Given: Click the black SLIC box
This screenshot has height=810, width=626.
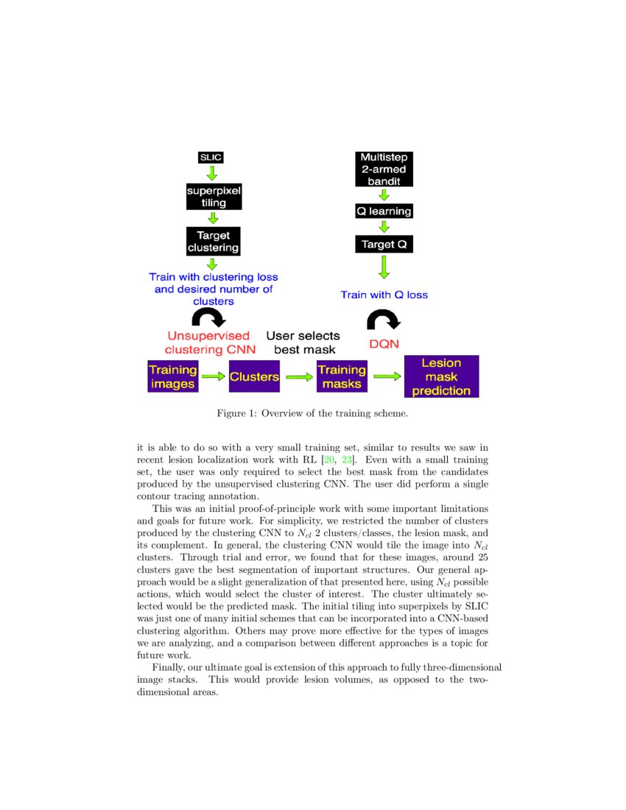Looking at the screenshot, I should click(x=211, y=158).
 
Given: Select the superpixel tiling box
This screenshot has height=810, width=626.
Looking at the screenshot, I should click(x=214, y=197).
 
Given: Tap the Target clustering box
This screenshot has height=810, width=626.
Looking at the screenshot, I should click(x=214, y=242).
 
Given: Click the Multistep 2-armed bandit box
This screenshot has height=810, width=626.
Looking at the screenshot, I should click(x=383, y=169).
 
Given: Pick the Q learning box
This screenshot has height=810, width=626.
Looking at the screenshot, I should click(x=383, y=211).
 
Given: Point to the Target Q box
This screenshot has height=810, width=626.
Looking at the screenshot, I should click(x=383, y=244).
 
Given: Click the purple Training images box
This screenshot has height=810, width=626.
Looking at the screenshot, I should click(x=173, y=376).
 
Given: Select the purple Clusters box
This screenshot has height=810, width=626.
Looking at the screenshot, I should click(x=254, y=376).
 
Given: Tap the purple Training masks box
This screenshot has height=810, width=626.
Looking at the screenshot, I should click(x=342, y=376).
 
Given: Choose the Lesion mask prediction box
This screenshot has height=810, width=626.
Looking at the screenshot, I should click(x=441, y=376).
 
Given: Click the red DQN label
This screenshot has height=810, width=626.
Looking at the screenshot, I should click(x=384, y=344).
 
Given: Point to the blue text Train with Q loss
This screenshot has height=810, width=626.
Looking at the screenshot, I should click(x=384, y=295).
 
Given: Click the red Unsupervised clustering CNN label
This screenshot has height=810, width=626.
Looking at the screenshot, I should click(x=207, y=342).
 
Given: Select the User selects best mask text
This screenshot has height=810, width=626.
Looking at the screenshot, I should click(x=303, y=342).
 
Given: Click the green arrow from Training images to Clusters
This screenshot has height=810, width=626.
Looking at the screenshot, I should click(x=214, y=376).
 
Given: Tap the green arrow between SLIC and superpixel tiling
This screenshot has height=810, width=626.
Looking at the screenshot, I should click(x=212, y=174).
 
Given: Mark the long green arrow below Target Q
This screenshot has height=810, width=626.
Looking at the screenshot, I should click(x=383, y=266).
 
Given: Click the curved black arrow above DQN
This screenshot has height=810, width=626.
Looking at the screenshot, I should click(x=384, y=320).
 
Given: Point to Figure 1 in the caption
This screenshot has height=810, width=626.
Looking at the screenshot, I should click(x=235, y=413).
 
